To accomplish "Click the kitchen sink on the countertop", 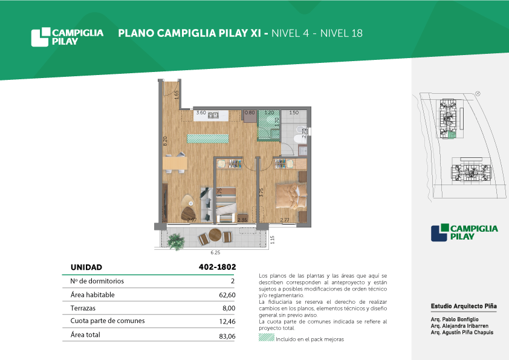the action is point(213,115).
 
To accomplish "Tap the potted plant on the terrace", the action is point(177,241).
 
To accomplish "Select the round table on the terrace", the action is point(215,235).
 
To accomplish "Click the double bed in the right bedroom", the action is point(291,196).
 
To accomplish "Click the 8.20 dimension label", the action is point(165,141).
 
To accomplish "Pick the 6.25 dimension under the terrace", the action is point(215,252).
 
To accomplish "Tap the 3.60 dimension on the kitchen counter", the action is point(201,113).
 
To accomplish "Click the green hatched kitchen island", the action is point(208,139).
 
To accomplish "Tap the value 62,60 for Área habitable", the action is point(227,295).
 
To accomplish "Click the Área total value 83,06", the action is point(227,336).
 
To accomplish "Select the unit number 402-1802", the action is point(217,267).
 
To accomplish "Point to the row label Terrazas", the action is point(83,308).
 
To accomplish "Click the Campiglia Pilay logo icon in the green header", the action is point(41,37).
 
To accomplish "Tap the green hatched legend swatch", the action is point(267,337).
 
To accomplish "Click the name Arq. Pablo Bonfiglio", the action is point(455,319).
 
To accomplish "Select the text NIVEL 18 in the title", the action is point(342,33).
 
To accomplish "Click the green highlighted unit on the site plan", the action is point(452,136).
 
